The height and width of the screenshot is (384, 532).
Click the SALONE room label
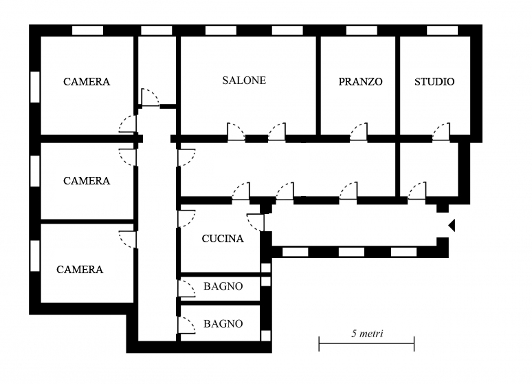click(x=243, y=81)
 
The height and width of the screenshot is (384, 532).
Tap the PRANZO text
click(x=360, y=82)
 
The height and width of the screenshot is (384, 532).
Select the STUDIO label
click(x=434, y=82)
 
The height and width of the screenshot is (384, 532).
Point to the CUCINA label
click(x=222, y=239)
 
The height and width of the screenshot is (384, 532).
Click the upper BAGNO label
click(x=223, y=287)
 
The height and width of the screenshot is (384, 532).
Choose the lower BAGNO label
click(x=223, y=324)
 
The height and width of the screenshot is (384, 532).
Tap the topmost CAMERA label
click(x=86, y=82)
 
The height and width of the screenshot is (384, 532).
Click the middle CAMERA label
click(x=86, y=181)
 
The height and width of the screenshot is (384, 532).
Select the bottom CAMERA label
click(x=80, y=270)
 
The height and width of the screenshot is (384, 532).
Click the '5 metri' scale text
click(x=366, y=334)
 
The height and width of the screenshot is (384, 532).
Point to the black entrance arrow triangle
click(x=452, y=225)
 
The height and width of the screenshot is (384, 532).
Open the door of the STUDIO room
click(x=441, y=132)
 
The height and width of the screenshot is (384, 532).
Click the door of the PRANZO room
click(x=358, y=132)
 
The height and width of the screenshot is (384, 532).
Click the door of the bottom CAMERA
click(x=128, y=239)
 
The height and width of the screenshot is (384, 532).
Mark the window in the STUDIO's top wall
click(x=442, y=30)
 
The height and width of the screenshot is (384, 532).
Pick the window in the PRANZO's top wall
click(x=361, y=30)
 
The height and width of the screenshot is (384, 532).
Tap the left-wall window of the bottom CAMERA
click(x=34, y=256)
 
